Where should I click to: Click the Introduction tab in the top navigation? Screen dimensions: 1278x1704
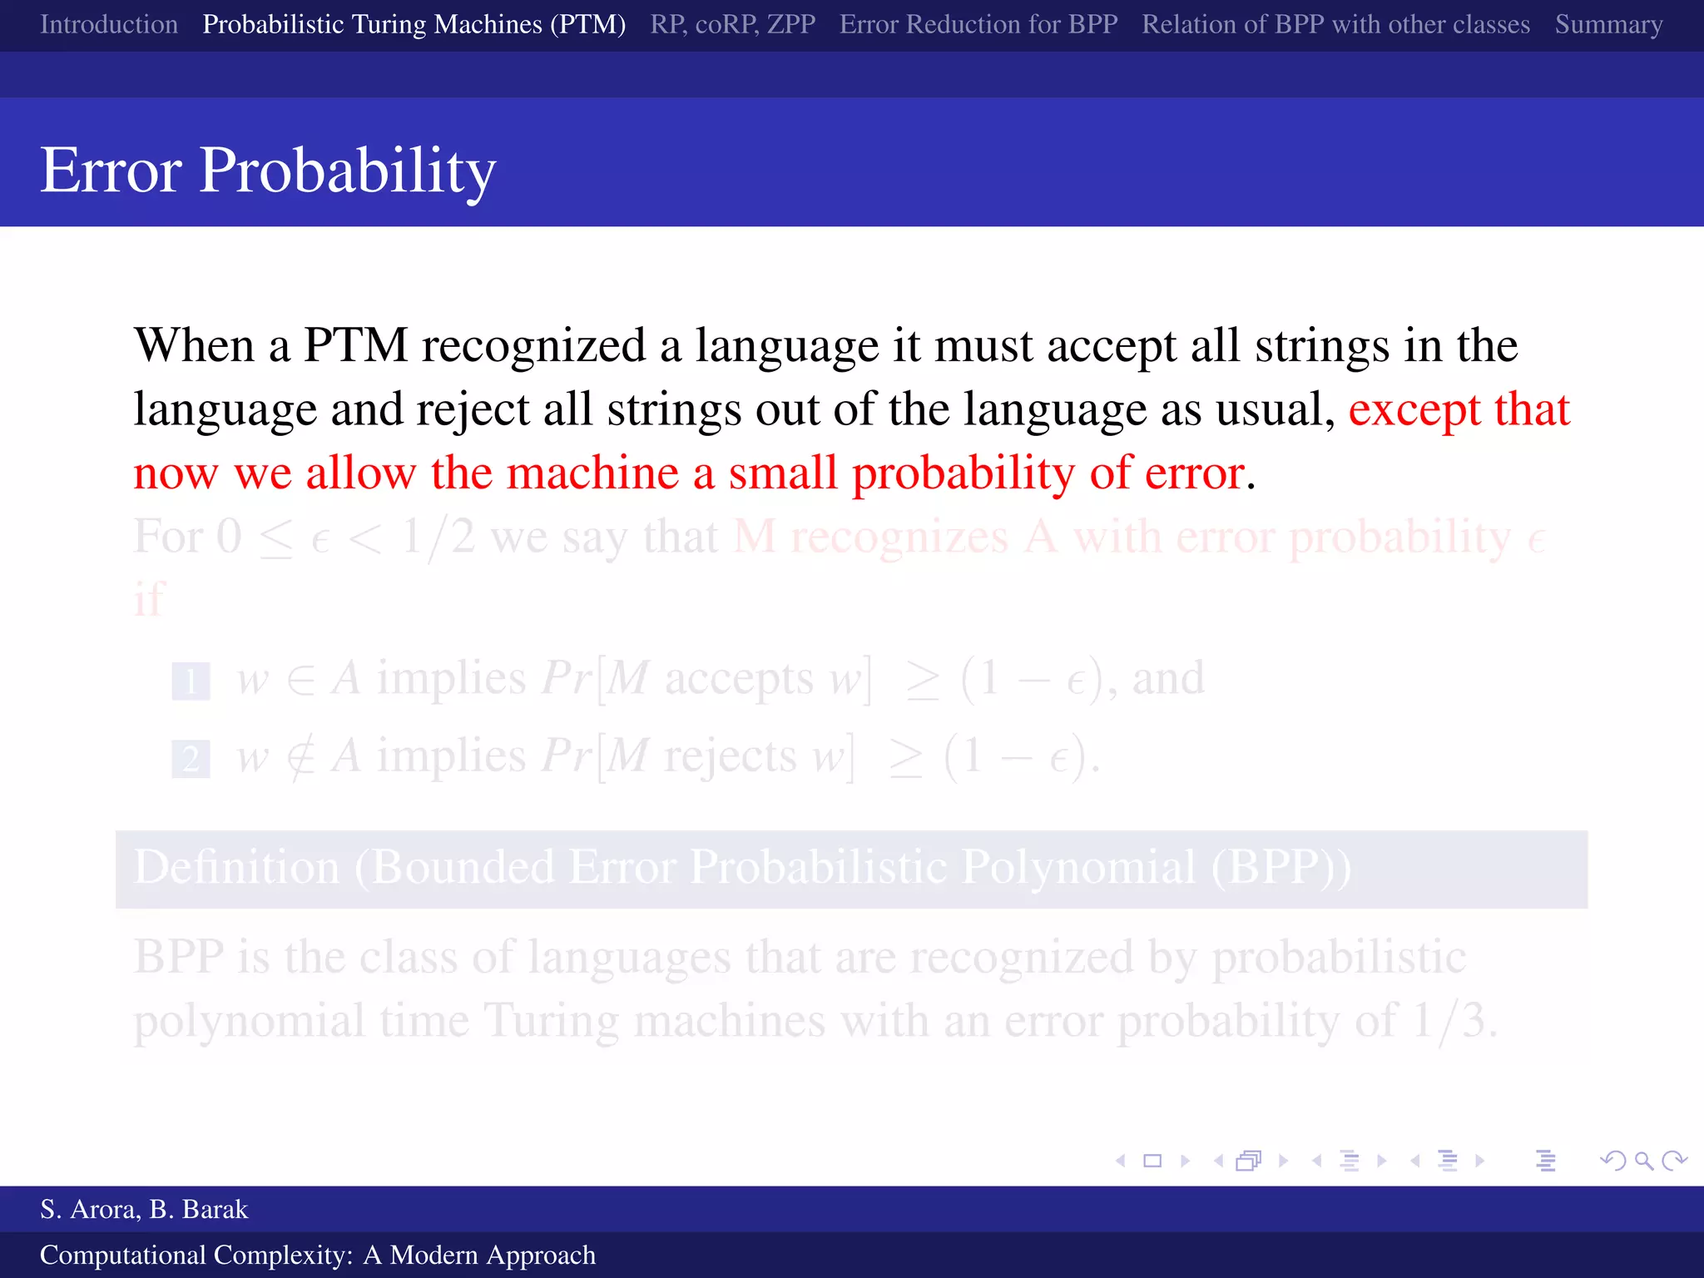pos(109,24)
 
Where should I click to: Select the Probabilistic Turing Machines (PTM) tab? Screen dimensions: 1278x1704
pos(414,24)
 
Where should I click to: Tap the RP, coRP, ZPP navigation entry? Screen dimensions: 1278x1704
pos(732,24)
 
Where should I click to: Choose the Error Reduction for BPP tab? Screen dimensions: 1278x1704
pos(978,24)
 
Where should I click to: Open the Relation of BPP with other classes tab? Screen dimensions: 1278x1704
pos(1335,24)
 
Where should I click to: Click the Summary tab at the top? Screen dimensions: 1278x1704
pos(1608,24)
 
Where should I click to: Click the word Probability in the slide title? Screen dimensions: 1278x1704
pos(347,171)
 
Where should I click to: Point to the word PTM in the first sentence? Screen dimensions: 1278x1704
pos(355,345)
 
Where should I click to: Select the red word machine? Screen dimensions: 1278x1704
pos(592,473)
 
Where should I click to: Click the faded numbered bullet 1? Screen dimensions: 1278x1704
pos(191,681)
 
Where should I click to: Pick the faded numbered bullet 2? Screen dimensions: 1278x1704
pos(191,759)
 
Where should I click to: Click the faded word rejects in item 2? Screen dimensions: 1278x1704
pos(730,756)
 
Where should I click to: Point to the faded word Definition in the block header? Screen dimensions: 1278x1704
pos(236,867)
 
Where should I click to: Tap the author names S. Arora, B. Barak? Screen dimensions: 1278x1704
pos(144,1209)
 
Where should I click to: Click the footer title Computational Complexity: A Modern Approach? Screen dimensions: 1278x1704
pos(318,1255)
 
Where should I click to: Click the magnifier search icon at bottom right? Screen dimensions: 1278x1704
pos(1643,1161)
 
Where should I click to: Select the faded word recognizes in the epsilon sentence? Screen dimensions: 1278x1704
pos(899,537)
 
